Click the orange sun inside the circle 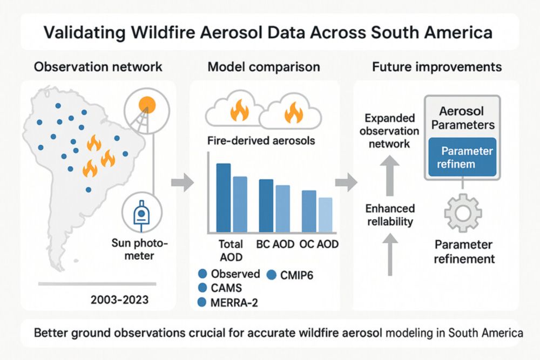(146, 104)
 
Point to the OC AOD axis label (320, 244)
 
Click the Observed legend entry (229, 274)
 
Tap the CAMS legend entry (222, 288)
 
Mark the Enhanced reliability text (390, 215)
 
